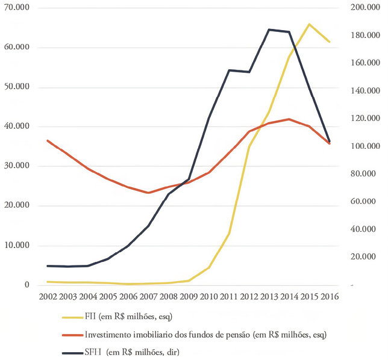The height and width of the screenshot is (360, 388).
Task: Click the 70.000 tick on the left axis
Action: (x=20, y=8)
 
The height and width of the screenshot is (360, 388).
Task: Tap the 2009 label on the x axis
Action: (x=189, y=296)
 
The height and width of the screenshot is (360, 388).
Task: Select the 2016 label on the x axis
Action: (x=330, y=296)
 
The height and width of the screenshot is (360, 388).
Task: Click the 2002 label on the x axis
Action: (x=48, y=296)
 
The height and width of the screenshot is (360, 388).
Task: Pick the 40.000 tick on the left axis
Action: (x=20, y=127)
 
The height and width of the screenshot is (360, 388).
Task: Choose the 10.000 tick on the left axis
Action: (x=20, y=246)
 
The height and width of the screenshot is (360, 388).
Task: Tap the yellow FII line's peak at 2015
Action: (x=309, y=25)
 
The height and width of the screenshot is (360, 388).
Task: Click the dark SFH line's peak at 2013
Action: (x=269, y=29)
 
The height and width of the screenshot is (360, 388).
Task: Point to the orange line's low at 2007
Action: (x=148, y=193)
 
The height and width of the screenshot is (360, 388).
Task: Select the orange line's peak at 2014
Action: (x=289, y=119)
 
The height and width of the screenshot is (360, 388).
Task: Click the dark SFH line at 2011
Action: (x=229, y=70)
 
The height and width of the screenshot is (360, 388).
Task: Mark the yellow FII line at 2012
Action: (x=249, y=146)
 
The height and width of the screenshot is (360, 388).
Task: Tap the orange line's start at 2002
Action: (x=48, y=141)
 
